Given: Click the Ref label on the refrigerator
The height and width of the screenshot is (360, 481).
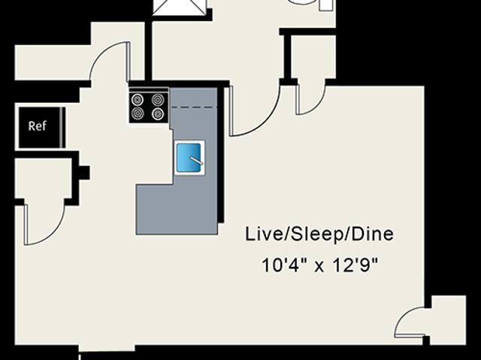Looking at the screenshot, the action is pos(38,126).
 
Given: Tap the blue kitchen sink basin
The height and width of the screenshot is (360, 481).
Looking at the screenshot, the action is pos(189,157).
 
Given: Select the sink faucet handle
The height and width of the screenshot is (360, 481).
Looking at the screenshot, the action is pos(196,161).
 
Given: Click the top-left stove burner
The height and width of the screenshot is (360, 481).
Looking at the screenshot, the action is pos(138,100).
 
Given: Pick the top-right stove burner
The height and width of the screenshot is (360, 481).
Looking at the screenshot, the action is pos(157,100).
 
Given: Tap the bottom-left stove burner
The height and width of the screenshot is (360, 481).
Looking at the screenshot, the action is pos(138,113).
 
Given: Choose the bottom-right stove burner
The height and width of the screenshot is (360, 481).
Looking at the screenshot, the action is pos(157,113).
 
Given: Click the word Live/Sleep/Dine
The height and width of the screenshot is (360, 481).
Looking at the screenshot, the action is pos(319,234).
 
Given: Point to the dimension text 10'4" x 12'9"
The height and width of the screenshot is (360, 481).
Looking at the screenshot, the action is pos(319,265).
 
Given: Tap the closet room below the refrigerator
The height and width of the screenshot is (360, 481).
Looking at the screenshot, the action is pos(44,180).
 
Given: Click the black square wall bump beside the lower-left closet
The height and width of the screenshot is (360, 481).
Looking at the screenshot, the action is pos(84,173).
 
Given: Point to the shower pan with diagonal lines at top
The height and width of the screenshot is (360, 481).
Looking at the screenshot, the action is pos(180,7).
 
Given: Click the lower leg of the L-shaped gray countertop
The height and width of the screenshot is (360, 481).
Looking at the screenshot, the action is pos(177,210).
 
